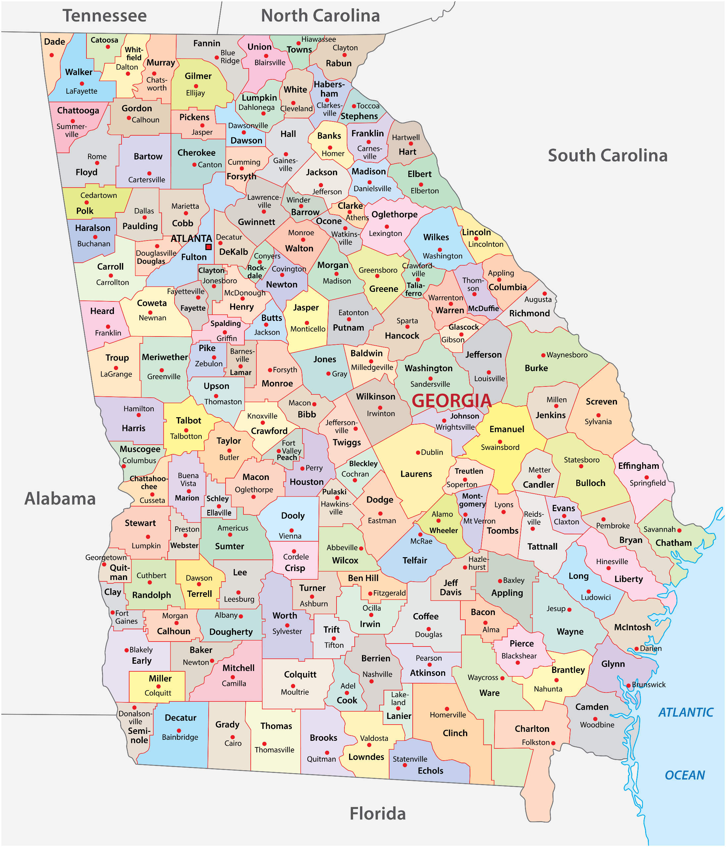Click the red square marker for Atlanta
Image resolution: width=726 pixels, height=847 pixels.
[x=208, y=246]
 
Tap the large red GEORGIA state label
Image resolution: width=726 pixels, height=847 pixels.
[x=451, y=401]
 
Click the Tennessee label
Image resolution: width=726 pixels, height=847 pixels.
[x=104, y=16]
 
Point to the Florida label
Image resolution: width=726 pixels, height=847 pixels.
[x=377, y=814]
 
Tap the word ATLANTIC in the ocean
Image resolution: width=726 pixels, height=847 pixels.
[x=686, y=713]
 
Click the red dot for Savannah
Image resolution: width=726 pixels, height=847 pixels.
[x=679, y=530]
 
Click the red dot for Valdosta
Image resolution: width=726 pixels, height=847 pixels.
[x=369, y=745]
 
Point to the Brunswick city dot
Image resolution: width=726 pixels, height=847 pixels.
[x=628, y=686]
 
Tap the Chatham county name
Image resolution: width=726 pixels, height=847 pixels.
[x=673, y=543]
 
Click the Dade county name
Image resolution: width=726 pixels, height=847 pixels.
[x=54, y=42]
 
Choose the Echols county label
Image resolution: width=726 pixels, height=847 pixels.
[x=430, y=771]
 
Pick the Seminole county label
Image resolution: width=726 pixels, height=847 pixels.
[x=139, y=736]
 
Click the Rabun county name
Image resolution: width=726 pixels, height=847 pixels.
[x=338, y=64]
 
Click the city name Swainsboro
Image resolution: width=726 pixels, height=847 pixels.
[x=500, y=447]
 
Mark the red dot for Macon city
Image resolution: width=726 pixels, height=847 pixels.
[x=314, y=403]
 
